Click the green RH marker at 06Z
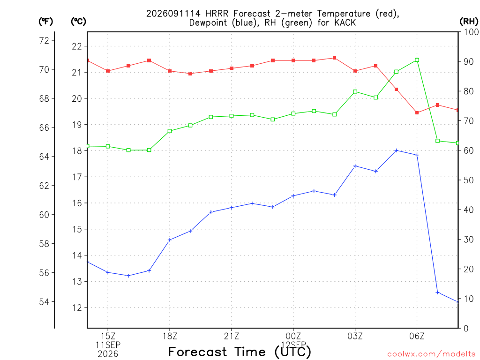tap(417, 60)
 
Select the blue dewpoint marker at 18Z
tap(170, 240)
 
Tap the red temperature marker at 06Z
tap(417, 112)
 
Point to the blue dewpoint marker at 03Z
tap(355, 166)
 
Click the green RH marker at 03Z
tap(355, 91)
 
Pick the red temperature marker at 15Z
tap(108, 71)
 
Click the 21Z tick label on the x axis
tap(232, 337)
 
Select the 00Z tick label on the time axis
tap(293, 337)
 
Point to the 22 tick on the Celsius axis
tap(77, 46)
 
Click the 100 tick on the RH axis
tap(471, 32)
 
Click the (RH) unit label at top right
tap(469, 21)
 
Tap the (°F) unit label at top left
tap(45, 21)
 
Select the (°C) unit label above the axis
tap(78, 21)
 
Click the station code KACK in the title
tap(345, 22)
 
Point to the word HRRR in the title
tap(217, 14)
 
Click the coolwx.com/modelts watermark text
tap(431, 354)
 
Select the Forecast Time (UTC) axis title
tap(240, 352)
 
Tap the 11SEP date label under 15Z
tap(108, 345)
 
